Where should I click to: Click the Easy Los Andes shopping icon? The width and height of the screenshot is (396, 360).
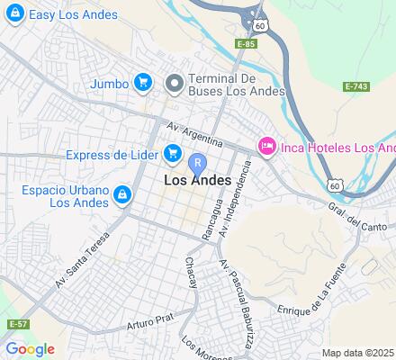pyautogui.click(x=14, y=15)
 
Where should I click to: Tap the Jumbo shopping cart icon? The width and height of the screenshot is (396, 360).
pyautogui.click(x=142, y=83)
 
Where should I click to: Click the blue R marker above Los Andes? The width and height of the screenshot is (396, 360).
pyautogui.click(x=198, y=163)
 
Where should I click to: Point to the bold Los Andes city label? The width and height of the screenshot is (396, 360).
pyautogui.click(x=198, y=181)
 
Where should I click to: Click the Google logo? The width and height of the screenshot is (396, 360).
pyautogui.click(x=30, y=349)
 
